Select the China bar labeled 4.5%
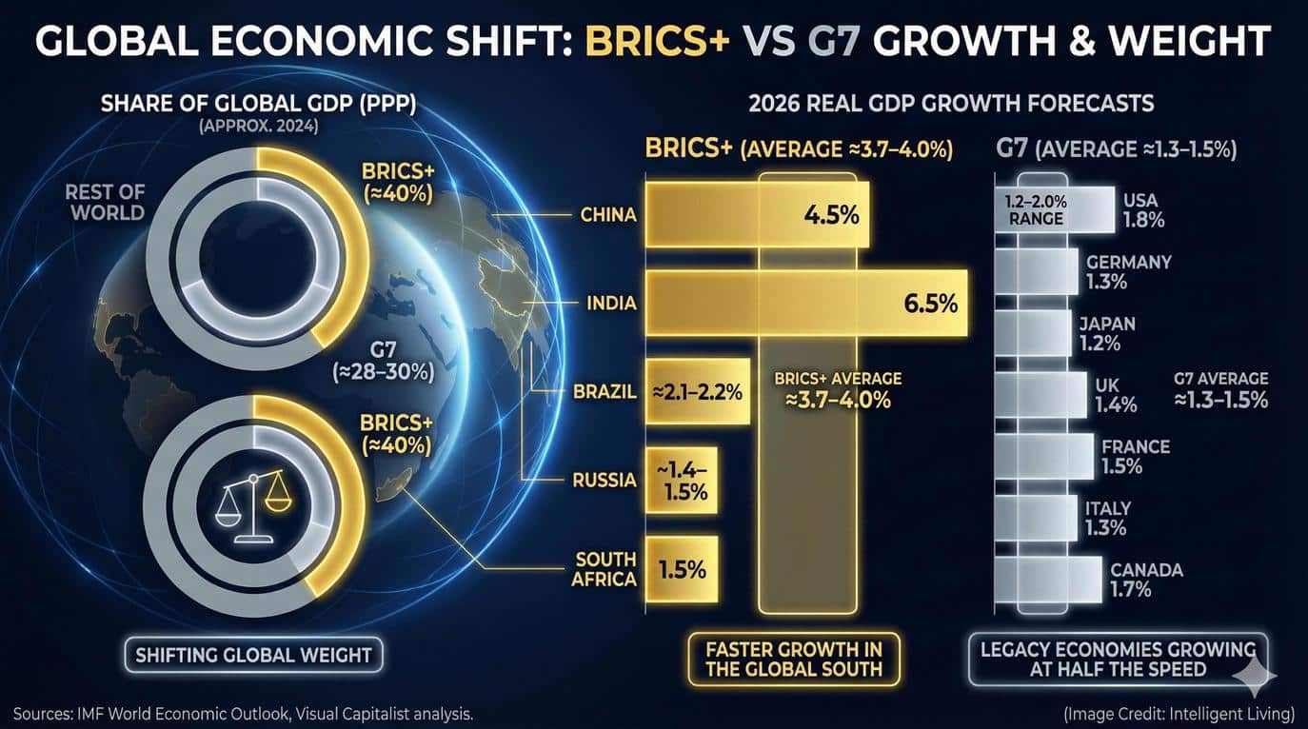pyautogui.click(x=760, y=214)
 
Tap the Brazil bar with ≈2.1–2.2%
pyautogui.click(x=698, y=391)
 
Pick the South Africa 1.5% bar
pyautogui.click(x=682, y=569)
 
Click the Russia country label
pyautogui.click(x=604, y=480)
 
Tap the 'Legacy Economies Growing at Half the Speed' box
pyautogui.click(x=1118, y=659)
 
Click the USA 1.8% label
pyautogui.click(x=1142, y=210)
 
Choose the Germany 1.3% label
pyautogui.click(x=1128, y=271)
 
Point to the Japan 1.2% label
pyautogui.click(x=1106, y=333)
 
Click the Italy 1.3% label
pyautogui.click(x=1107, y=518)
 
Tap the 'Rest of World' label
pyautogui.click(x=105, y=201)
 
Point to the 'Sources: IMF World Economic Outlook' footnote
pyautogui.click(x=243, y=713)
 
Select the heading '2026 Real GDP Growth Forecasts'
pyautogui.click(x=951, y=103)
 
